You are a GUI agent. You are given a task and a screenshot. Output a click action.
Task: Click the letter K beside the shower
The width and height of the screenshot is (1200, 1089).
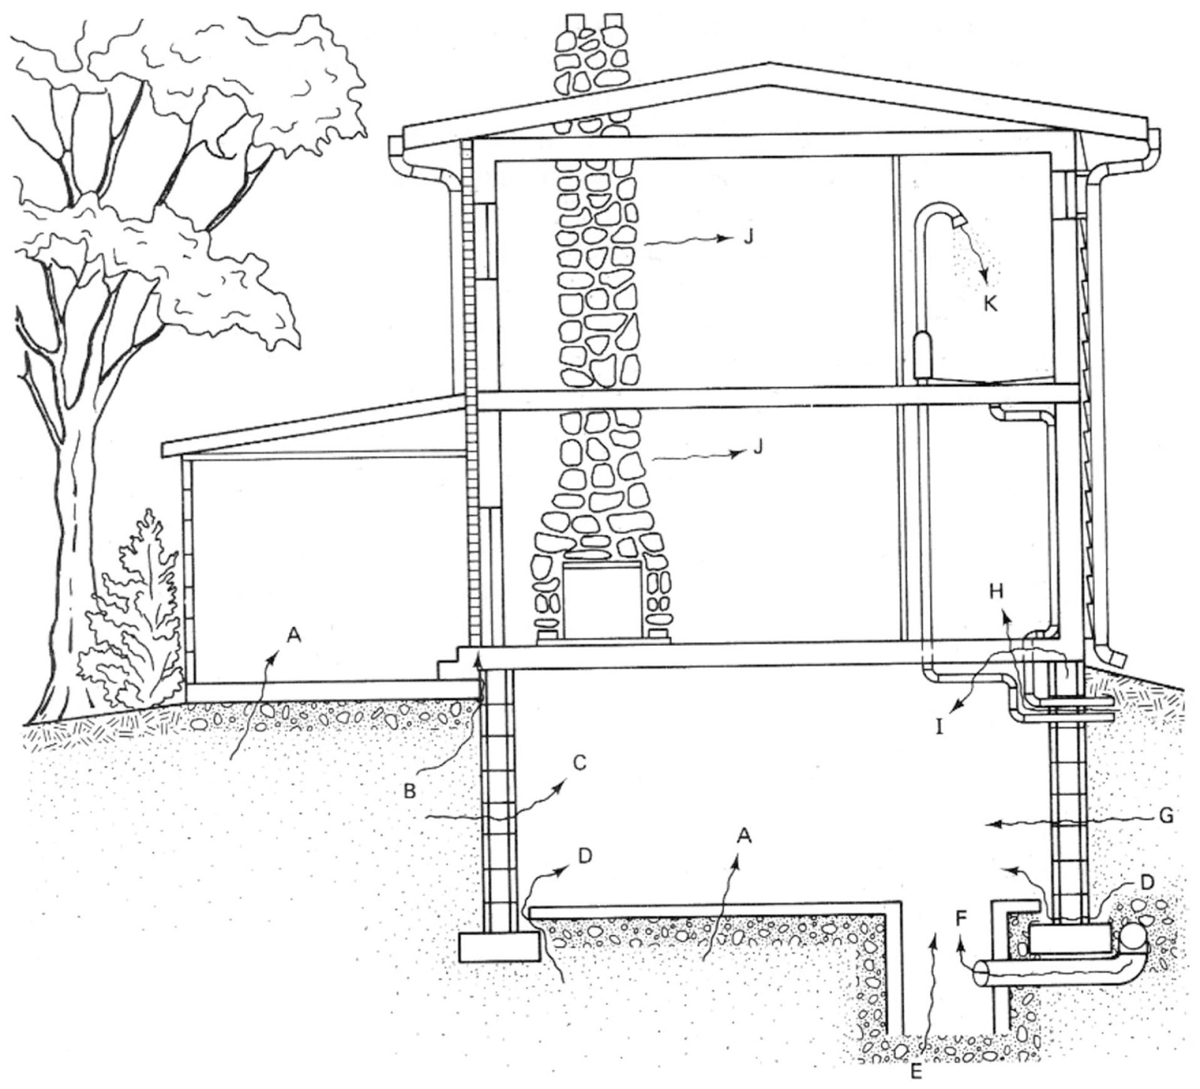(989, 304)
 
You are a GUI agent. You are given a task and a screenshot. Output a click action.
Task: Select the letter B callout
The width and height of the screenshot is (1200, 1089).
(410, 791)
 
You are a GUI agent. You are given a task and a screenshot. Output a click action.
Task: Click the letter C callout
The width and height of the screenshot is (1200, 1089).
(579, 764)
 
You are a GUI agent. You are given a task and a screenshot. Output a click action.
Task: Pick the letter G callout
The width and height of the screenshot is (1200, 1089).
(1166, 816)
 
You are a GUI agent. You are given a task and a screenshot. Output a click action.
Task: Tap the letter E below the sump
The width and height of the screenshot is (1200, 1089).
(916, 1071)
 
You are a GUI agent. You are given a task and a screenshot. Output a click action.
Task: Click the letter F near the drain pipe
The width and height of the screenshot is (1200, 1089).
(962, 919)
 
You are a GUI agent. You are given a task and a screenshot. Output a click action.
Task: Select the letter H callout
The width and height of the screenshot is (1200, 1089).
(996, 591)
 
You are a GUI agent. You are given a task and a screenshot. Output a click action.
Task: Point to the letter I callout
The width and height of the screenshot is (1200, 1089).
(939, 727)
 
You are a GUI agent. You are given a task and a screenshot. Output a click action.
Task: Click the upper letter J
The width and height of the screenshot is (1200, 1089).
(749, 237)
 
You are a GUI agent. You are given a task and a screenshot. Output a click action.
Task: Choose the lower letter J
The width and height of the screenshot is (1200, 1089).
(758, 447)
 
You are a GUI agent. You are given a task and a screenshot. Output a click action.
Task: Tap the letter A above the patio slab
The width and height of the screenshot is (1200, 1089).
(294, 636)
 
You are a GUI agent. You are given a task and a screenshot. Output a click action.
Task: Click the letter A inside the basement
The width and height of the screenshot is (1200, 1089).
(743, 834)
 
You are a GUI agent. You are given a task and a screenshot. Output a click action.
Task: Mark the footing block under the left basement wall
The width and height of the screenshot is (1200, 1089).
(499, 946)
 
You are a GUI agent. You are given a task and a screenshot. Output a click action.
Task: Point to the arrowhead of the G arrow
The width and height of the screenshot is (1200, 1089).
(990, 825)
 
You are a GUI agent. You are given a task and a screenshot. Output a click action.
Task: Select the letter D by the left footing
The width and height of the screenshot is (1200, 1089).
(586, 856)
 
